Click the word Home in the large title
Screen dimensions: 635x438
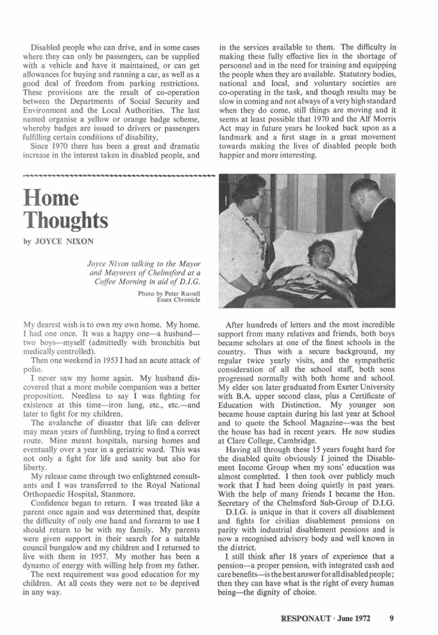(51, 198)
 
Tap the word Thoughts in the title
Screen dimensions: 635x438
(65, 220)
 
